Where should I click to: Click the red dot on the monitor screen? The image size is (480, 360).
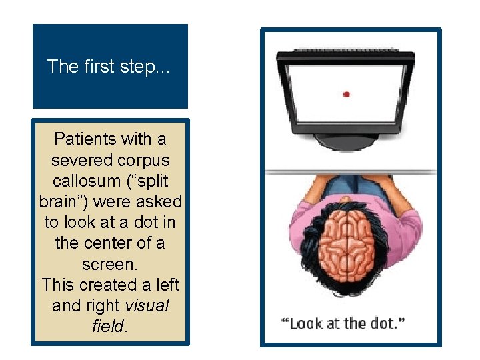pyautogui.click(x=346, y=94)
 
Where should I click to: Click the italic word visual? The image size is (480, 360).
pyautogui.click(x=147, y=306)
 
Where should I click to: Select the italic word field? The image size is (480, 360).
pyautogui.click(x=109, y=327)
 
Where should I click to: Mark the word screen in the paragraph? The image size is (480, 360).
pyautogui.click(x=109, y=265)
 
